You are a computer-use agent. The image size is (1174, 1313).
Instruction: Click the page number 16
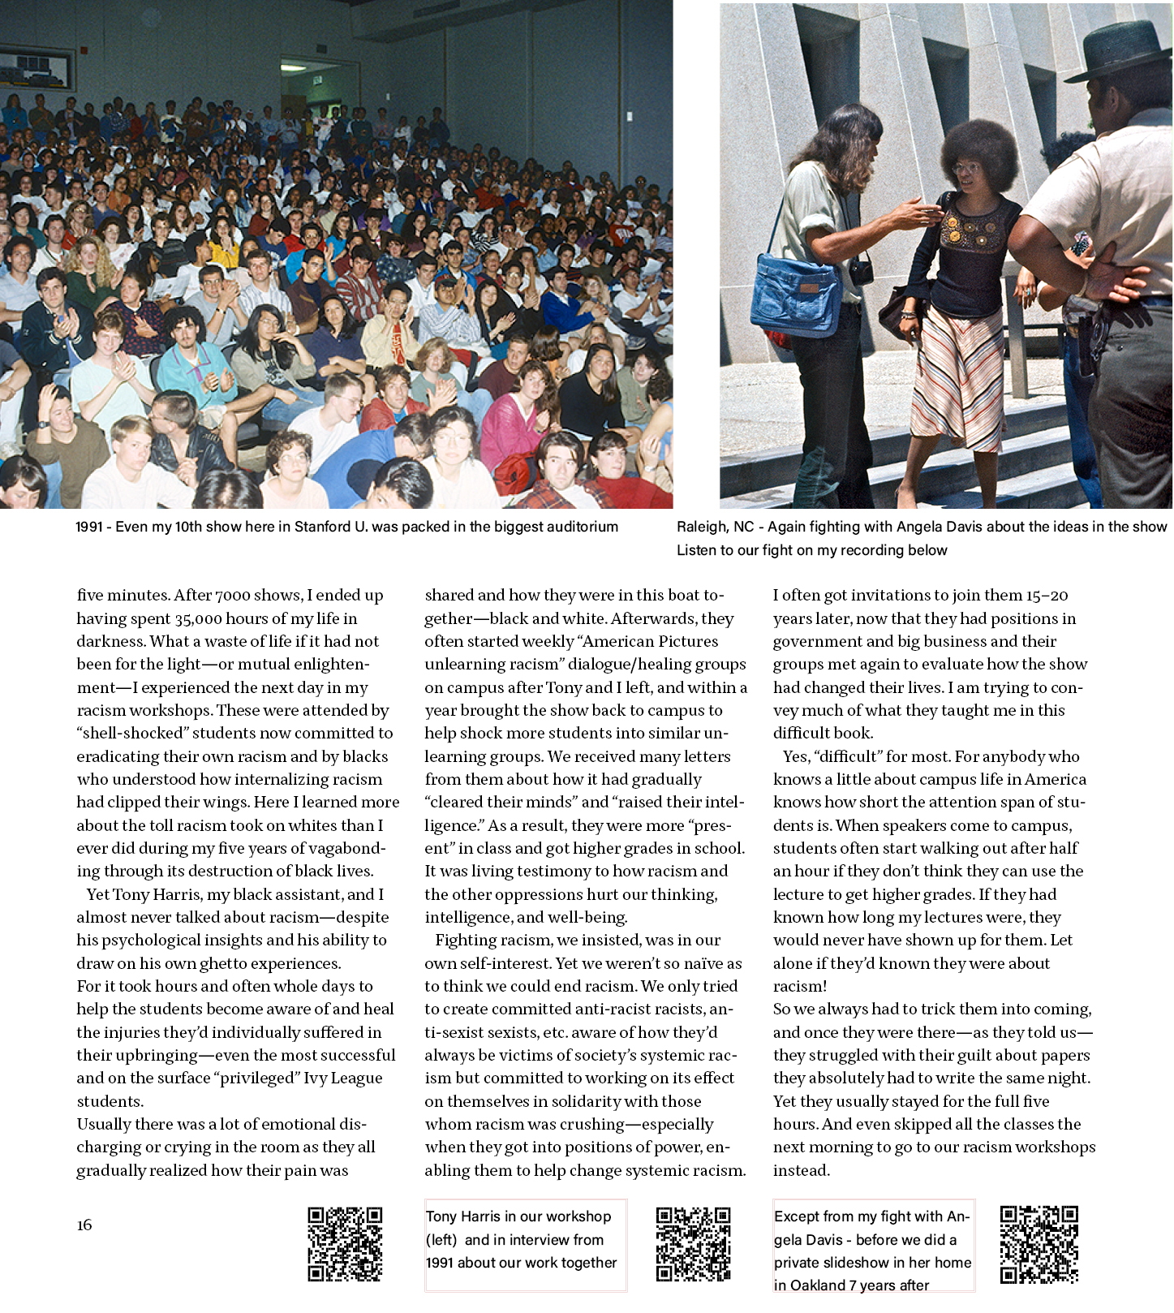tap(84, 1225)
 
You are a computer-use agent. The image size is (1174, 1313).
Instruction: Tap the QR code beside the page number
tap(345, 1243)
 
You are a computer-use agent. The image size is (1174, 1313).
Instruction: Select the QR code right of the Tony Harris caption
tap(693, 1244)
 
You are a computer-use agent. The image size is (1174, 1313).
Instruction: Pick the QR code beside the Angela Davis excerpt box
tap(1039, 1245)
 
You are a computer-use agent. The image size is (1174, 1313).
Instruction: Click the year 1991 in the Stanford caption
tap(89, 527)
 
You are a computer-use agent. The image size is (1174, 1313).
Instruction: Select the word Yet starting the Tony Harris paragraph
tap(97, 894)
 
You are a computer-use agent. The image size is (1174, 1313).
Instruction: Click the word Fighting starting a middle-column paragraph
tap(466, 940)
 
